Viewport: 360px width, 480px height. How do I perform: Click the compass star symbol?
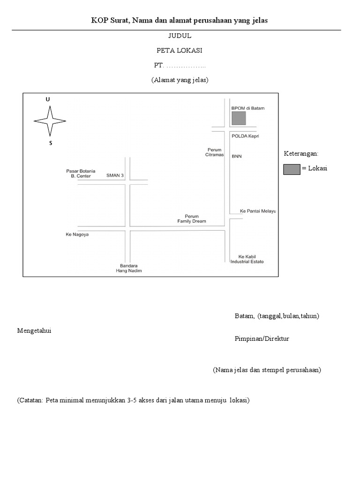tap(50, 121)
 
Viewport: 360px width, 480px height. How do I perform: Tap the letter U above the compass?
tap(47, 100)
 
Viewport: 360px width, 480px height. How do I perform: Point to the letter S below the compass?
tap(50, 143)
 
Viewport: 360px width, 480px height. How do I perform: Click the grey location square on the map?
tap(239, 118)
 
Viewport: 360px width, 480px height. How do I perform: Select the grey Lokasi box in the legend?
tap(292, 169)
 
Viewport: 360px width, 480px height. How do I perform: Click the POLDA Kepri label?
tap(245, 136)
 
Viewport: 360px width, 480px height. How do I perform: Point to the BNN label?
tap(237, 157)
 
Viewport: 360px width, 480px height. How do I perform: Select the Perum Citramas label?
tap(214, 152)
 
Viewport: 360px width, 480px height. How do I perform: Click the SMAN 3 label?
tap(115, 175)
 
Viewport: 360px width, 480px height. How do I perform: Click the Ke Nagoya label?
tap(77, 234)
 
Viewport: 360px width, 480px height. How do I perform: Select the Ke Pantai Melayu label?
tap(258, 211)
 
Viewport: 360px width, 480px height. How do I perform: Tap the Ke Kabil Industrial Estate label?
tap(247, 259)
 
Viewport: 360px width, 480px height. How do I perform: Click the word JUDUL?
tap(180, 36)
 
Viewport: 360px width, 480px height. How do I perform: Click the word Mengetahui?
tap(34, 331)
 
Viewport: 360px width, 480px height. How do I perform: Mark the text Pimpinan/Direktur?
tap(262, 339)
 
